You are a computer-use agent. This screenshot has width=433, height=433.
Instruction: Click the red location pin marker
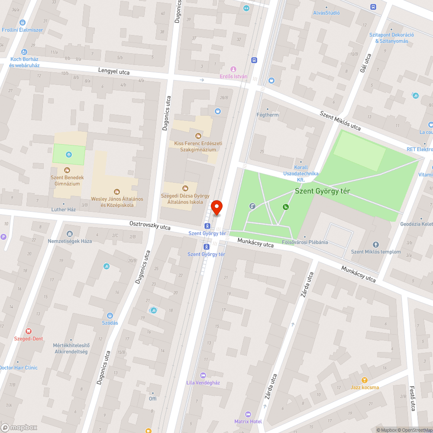pos(216,208)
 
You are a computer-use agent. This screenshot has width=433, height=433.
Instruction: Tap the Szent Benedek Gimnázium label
pos(67,181)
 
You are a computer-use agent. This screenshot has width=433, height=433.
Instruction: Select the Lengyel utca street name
pos(113,71)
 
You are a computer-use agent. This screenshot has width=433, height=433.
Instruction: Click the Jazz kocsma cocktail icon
pos(365,380)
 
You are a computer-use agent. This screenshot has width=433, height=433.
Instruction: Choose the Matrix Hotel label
pos(248,421)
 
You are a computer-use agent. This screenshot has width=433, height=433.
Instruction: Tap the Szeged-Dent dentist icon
pos(29,331)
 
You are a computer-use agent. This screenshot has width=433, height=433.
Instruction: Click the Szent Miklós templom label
pos(375,252)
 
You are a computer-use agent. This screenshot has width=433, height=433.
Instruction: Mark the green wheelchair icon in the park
pos(286,207)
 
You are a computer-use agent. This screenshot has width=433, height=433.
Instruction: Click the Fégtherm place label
pos(268,115)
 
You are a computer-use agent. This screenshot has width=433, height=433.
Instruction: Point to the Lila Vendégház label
pos(203,383)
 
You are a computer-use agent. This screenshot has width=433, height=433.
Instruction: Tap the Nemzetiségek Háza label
pos(70,241)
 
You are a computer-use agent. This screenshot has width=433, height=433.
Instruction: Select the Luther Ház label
pos(64,210)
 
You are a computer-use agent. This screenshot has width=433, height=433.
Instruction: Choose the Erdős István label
pos(233,77)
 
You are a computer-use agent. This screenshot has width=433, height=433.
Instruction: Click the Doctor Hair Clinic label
pos(18,368)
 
